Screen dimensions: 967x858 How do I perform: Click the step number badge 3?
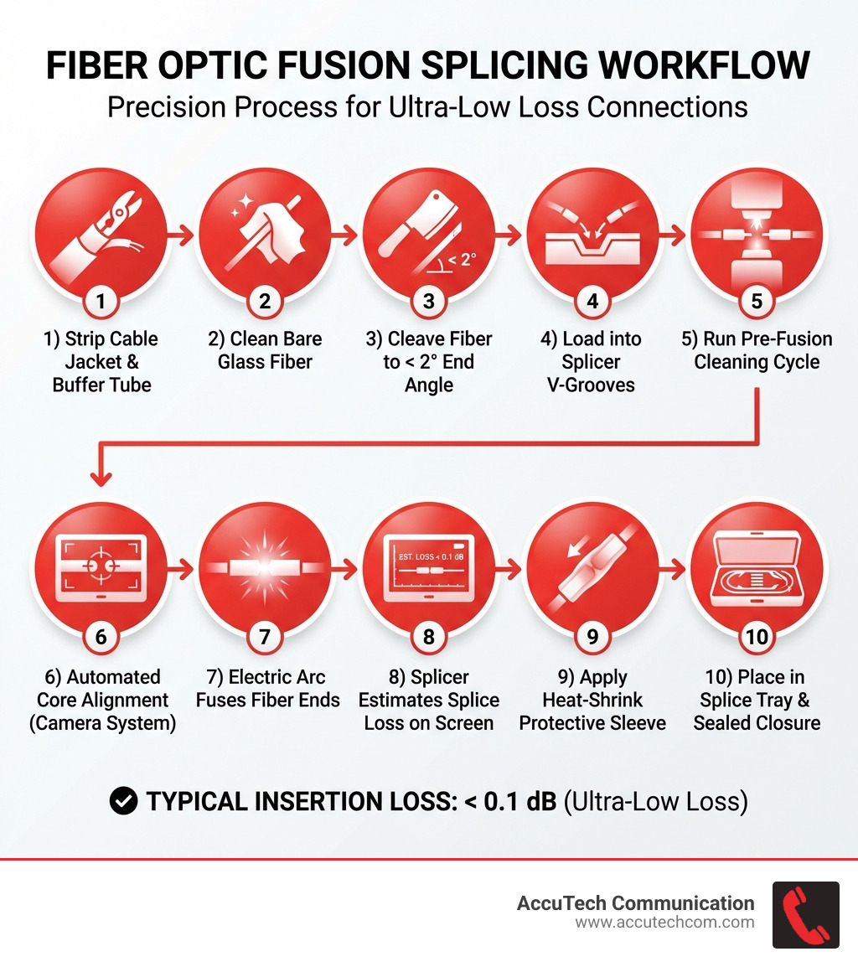pyautogui.click(x=429, y=301)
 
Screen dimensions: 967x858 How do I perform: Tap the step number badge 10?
pyautogui.click(x=757, y=637)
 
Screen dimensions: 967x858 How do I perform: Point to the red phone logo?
pyautogui.click(x=805, y=915)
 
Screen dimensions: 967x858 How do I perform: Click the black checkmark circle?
pyautogui.click(x=124, y=801)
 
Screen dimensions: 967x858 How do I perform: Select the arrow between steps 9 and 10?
pyautogui.click(x=674, y=571)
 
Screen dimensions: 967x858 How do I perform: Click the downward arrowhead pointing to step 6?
pyautogui.click(x=101, y=478)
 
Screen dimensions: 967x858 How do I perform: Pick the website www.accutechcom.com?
pyautogui.click(x=664, y=923)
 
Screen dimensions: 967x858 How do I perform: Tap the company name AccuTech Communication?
pyautogui.click(x=636, y=902)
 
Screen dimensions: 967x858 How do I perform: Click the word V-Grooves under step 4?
pyautogui.click(x=592, y=385)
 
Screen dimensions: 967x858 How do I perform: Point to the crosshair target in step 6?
pyautogui.click(x=101, y=566)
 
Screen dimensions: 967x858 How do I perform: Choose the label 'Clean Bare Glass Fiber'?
pyautogui.click(x=265, y=350)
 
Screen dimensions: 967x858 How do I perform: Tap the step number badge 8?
pyautogui.click(x=429, y=637)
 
